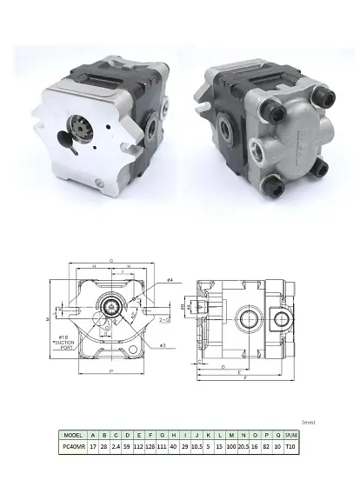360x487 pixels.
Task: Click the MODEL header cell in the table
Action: pos(73,435)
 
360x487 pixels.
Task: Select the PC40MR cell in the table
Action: pos(73,447)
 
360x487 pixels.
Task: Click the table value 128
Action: pos(150,447)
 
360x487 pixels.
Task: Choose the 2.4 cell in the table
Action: pos(116,447)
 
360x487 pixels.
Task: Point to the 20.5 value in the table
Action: pos(243,447)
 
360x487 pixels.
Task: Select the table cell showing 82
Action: pos(266,447)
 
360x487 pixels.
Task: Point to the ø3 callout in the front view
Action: pos(163,345)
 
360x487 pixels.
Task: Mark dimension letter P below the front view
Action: pos(111,371)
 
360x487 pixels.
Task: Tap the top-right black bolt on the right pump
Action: pos(323,92)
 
